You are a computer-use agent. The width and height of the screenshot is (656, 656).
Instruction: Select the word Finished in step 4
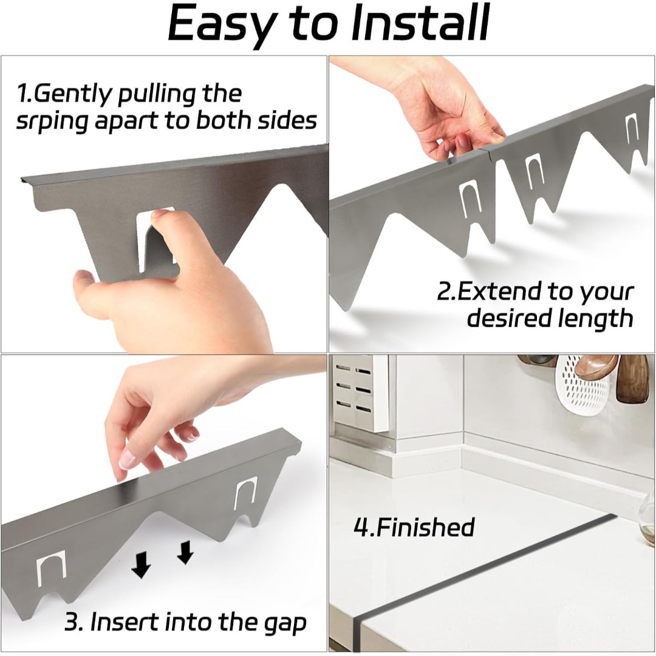click(425, 527)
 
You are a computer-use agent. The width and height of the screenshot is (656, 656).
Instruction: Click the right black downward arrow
click(185, 553)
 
